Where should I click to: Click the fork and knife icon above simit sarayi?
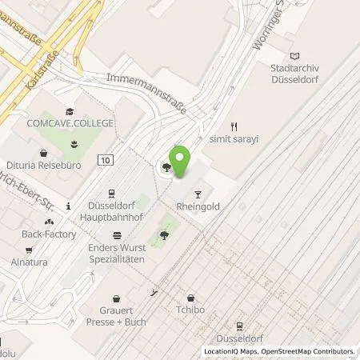pyautogui.click(x=234, y=126)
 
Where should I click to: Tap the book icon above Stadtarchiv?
pyautogui.click(x=295, y=55)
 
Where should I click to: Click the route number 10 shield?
pyautogui.click(x=106, y=160)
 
